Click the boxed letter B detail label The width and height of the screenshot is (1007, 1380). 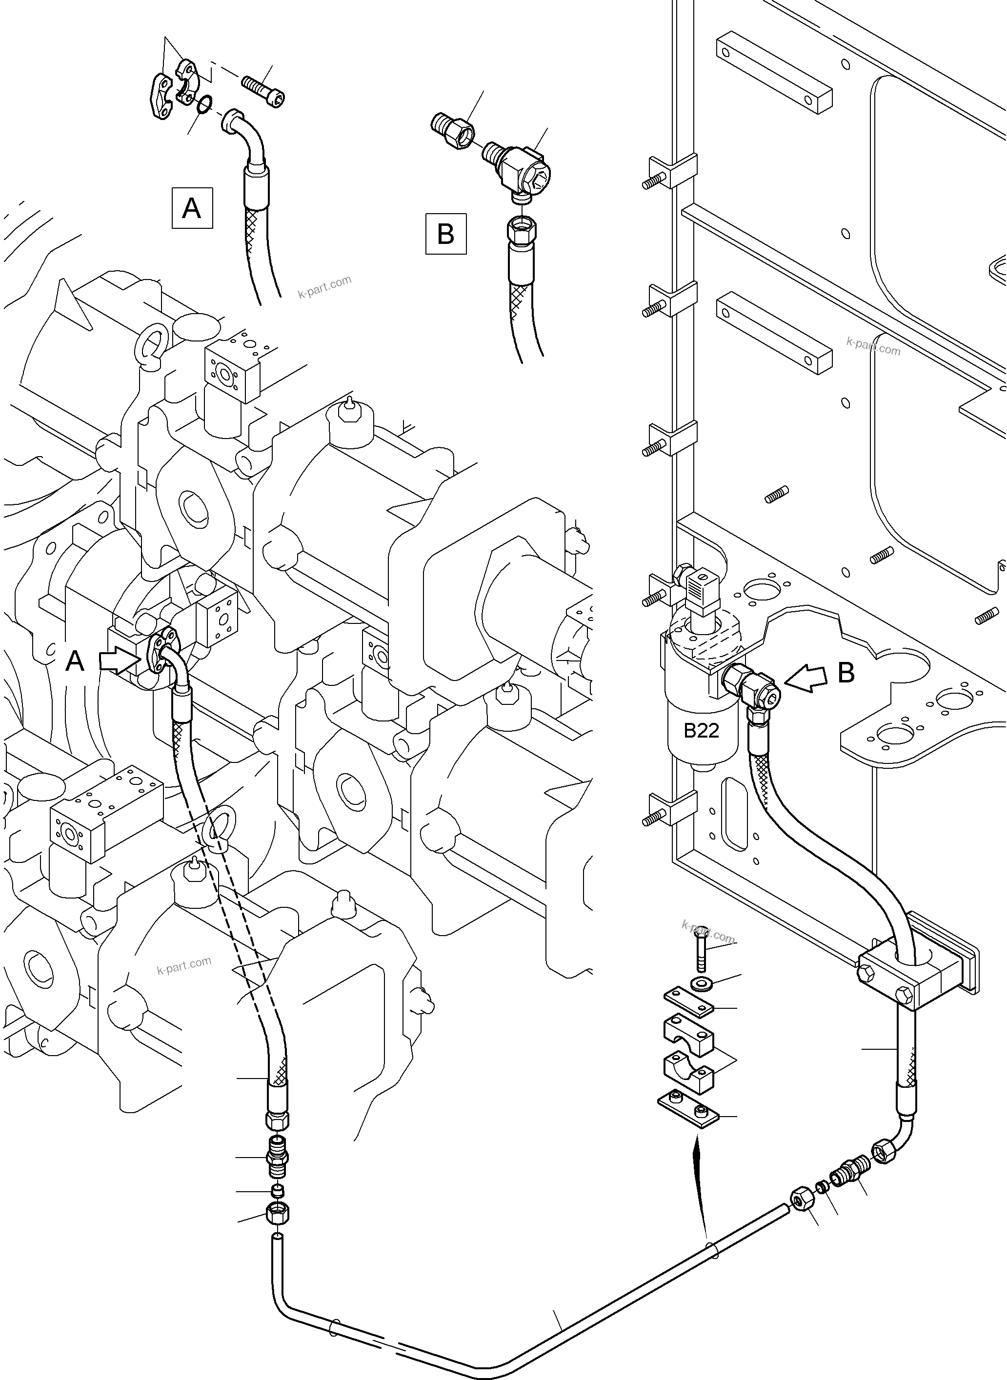tap(445, 234)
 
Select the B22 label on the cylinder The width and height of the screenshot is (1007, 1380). tap(701, 730)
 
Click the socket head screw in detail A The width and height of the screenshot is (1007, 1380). tap(264, 91)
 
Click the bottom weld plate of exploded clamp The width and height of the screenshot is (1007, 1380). tap(689, 1112)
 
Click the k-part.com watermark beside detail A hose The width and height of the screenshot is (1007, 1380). tap(324, 286)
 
